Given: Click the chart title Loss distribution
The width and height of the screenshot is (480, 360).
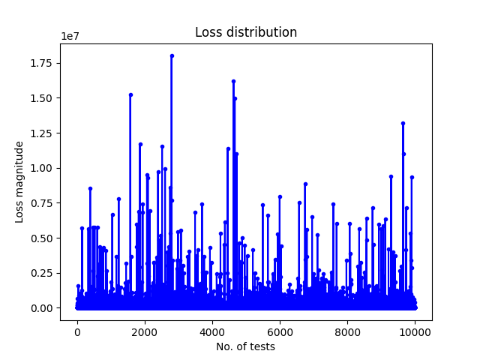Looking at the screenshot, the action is pos(246,32).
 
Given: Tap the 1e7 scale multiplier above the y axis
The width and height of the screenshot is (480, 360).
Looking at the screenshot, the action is pos(70,36).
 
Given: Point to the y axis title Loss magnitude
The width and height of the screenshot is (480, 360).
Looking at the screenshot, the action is pos(19,182).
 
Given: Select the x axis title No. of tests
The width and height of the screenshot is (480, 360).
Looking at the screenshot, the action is pos(245,346).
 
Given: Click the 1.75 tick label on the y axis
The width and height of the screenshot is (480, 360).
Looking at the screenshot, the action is pos(41,63).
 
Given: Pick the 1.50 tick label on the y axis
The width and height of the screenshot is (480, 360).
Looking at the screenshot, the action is pos(41,98).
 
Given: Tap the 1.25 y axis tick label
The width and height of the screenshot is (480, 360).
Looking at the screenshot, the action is pos(41,133).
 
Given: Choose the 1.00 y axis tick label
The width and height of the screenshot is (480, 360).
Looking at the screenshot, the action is pos(41,168).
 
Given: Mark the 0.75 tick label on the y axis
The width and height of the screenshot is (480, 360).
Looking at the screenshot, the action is pos(41,203).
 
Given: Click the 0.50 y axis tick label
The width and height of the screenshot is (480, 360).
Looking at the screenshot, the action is pos(41,238).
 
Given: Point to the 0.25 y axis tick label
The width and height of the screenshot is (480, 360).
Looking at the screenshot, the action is pos(41,273).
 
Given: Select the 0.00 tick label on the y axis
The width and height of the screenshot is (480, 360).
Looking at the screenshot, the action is pos(41,308).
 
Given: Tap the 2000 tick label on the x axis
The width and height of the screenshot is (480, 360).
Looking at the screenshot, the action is pos(145,332).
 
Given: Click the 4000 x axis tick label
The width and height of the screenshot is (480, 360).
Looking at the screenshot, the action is pos(212,332).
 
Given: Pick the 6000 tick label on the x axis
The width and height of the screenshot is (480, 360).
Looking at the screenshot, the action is pos(280,332).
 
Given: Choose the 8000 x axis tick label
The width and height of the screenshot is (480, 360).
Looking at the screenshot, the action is pos(347,332).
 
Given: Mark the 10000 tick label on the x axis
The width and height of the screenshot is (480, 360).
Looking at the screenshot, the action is pos(415,332).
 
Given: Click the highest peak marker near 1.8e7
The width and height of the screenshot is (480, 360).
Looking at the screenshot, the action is pos(172,55).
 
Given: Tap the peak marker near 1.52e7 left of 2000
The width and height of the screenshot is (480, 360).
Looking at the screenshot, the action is pos(130,95).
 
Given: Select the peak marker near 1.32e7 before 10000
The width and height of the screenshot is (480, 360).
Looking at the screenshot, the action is pos(403,123).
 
